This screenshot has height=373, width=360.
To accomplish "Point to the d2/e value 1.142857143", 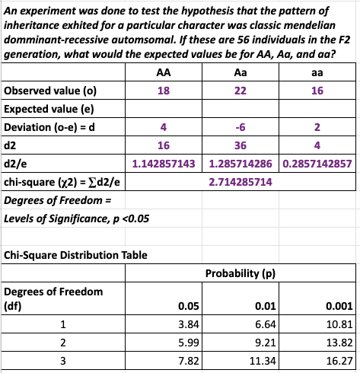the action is [x=163, y=163].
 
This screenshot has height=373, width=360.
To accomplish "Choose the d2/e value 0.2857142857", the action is [x=317, y=163].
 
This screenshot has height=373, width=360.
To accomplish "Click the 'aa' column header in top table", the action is [x=317, y=73].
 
